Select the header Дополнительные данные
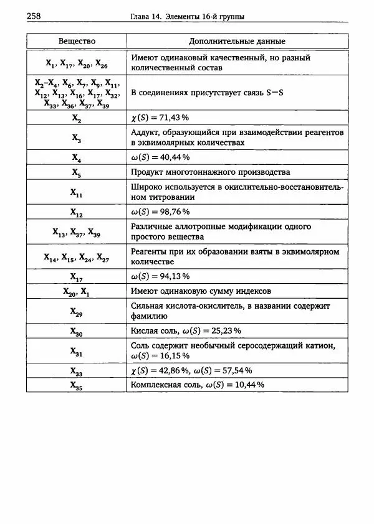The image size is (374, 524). (237, 41)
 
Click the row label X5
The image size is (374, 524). (76, 172)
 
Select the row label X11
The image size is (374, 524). (76, 192)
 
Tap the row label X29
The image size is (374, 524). (76, 311)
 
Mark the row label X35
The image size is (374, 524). (76, 385)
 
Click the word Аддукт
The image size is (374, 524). (145, 133)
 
